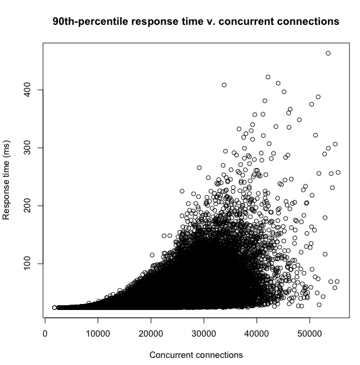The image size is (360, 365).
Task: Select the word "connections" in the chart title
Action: tap(304, 22)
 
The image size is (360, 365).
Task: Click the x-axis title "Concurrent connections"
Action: tap(196, 355)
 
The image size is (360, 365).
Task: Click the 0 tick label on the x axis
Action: tap(46, 332)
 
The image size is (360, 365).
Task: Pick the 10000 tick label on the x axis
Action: tap(98, 332)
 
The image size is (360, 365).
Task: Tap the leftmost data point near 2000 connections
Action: tap(54, 308)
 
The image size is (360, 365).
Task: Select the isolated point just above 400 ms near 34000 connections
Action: tap(224, 85)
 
